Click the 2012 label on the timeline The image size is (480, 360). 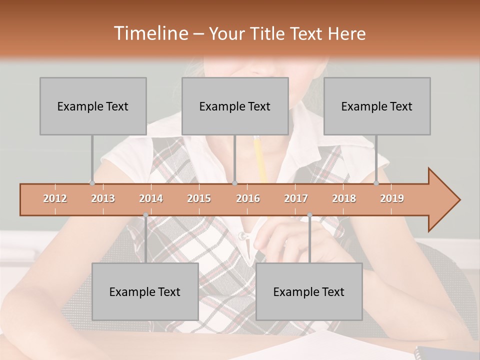click(x=55, y=198)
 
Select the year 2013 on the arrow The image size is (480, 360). click(x=103, y=198)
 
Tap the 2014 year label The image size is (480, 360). click(x=151, y=198)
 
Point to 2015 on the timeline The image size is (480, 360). click(x=199, y=198)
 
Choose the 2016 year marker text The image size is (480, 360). click(x=248, y=198)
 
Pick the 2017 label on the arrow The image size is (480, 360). click(x=296, y=198)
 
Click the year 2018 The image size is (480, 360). click(x=344, y=198)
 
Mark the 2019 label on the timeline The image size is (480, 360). click(x=392, y=198)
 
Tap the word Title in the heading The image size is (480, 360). click(x=269, y=34)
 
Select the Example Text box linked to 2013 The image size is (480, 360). click(x=93, y=106)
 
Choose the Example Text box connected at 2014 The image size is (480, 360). click(x=145, y=291)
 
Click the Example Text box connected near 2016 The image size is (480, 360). click(x=235, y=106)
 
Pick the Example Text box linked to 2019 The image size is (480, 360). click(x=377, y=106)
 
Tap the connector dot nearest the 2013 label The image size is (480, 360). click(x=92, y=183)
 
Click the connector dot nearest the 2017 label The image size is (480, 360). click(x=309, y=215)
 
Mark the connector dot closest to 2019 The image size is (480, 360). click(x=376, y=183)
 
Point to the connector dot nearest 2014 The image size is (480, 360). click(x=145, y=215)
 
